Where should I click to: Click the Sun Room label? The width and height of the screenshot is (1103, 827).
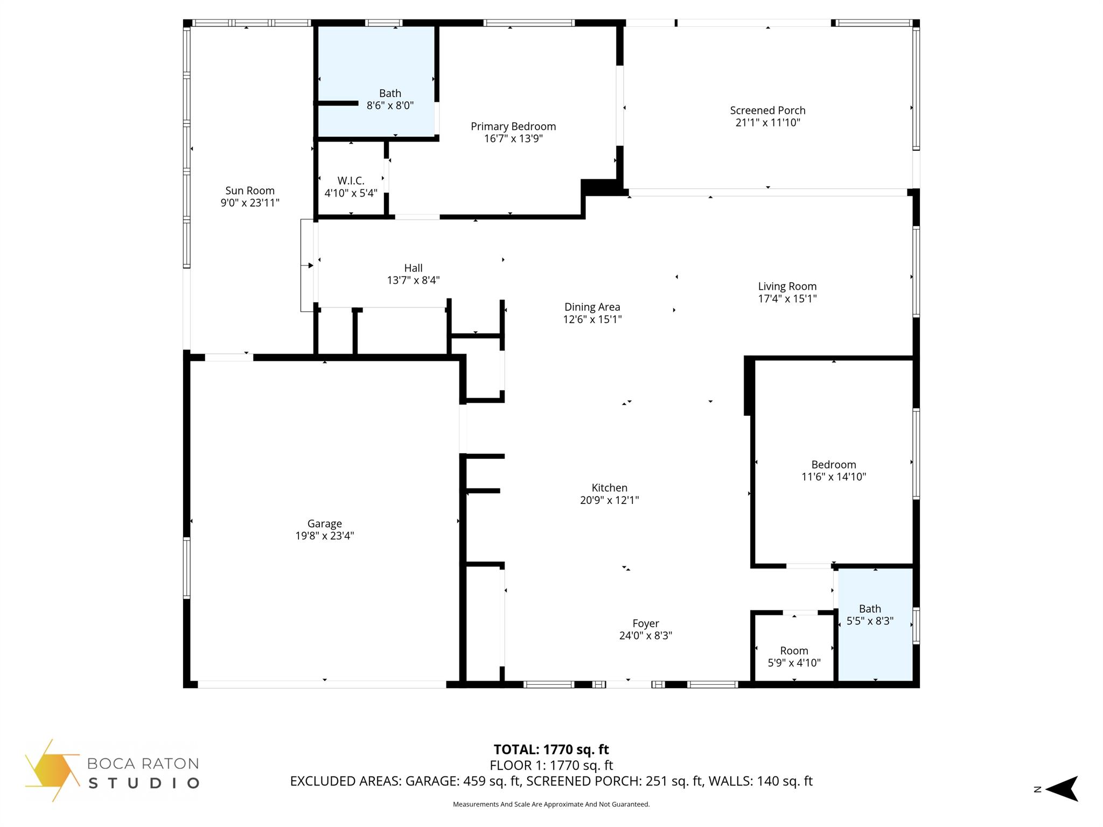pos(250,191)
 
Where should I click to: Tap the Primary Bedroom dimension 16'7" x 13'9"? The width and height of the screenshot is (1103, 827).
pos(513,139)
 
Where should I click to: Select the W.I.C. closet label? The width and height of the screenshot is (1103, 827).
pos(351,181)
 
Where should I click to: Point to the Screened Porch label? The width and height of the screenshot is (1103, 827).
pos(767,110)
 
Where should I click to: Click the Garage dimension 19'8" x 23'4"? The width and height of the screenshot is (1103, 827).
pos(324,536)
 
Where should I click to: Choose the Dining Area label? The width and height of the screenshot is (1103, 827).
pos(592,307)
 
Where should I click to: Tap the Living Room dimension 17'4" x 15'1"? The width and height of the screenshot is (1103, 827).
pos(787,299)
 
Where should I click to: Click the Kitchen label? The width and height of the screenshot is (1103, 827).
pos(609,488)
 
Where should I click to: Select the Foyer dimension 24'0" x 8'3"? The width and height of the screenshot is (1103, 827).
pos(645,635)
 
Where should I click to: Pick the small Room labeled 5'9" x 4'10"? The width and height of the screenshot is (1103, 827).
pos(794,651)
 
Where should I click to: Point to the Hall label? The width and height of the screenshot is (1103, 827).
pos(413,268)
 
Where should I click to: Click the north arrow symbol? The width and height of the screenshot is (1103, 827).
pos(1060,789)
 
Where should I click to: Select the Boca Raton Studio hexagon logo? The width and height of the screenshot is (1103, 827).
pos(51,770)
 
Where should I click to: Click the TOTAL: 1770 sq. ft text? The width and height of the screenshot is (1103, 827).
pos(551,749)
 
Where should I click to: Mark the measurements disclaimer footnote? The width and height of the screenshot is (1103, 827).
pos(551,804)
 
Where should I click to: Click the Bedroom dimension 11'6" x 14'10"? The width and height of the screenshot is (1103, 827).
pos(833,476)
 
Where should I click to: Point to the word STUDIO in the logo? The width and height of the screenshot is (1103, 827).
pos(144,783)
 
